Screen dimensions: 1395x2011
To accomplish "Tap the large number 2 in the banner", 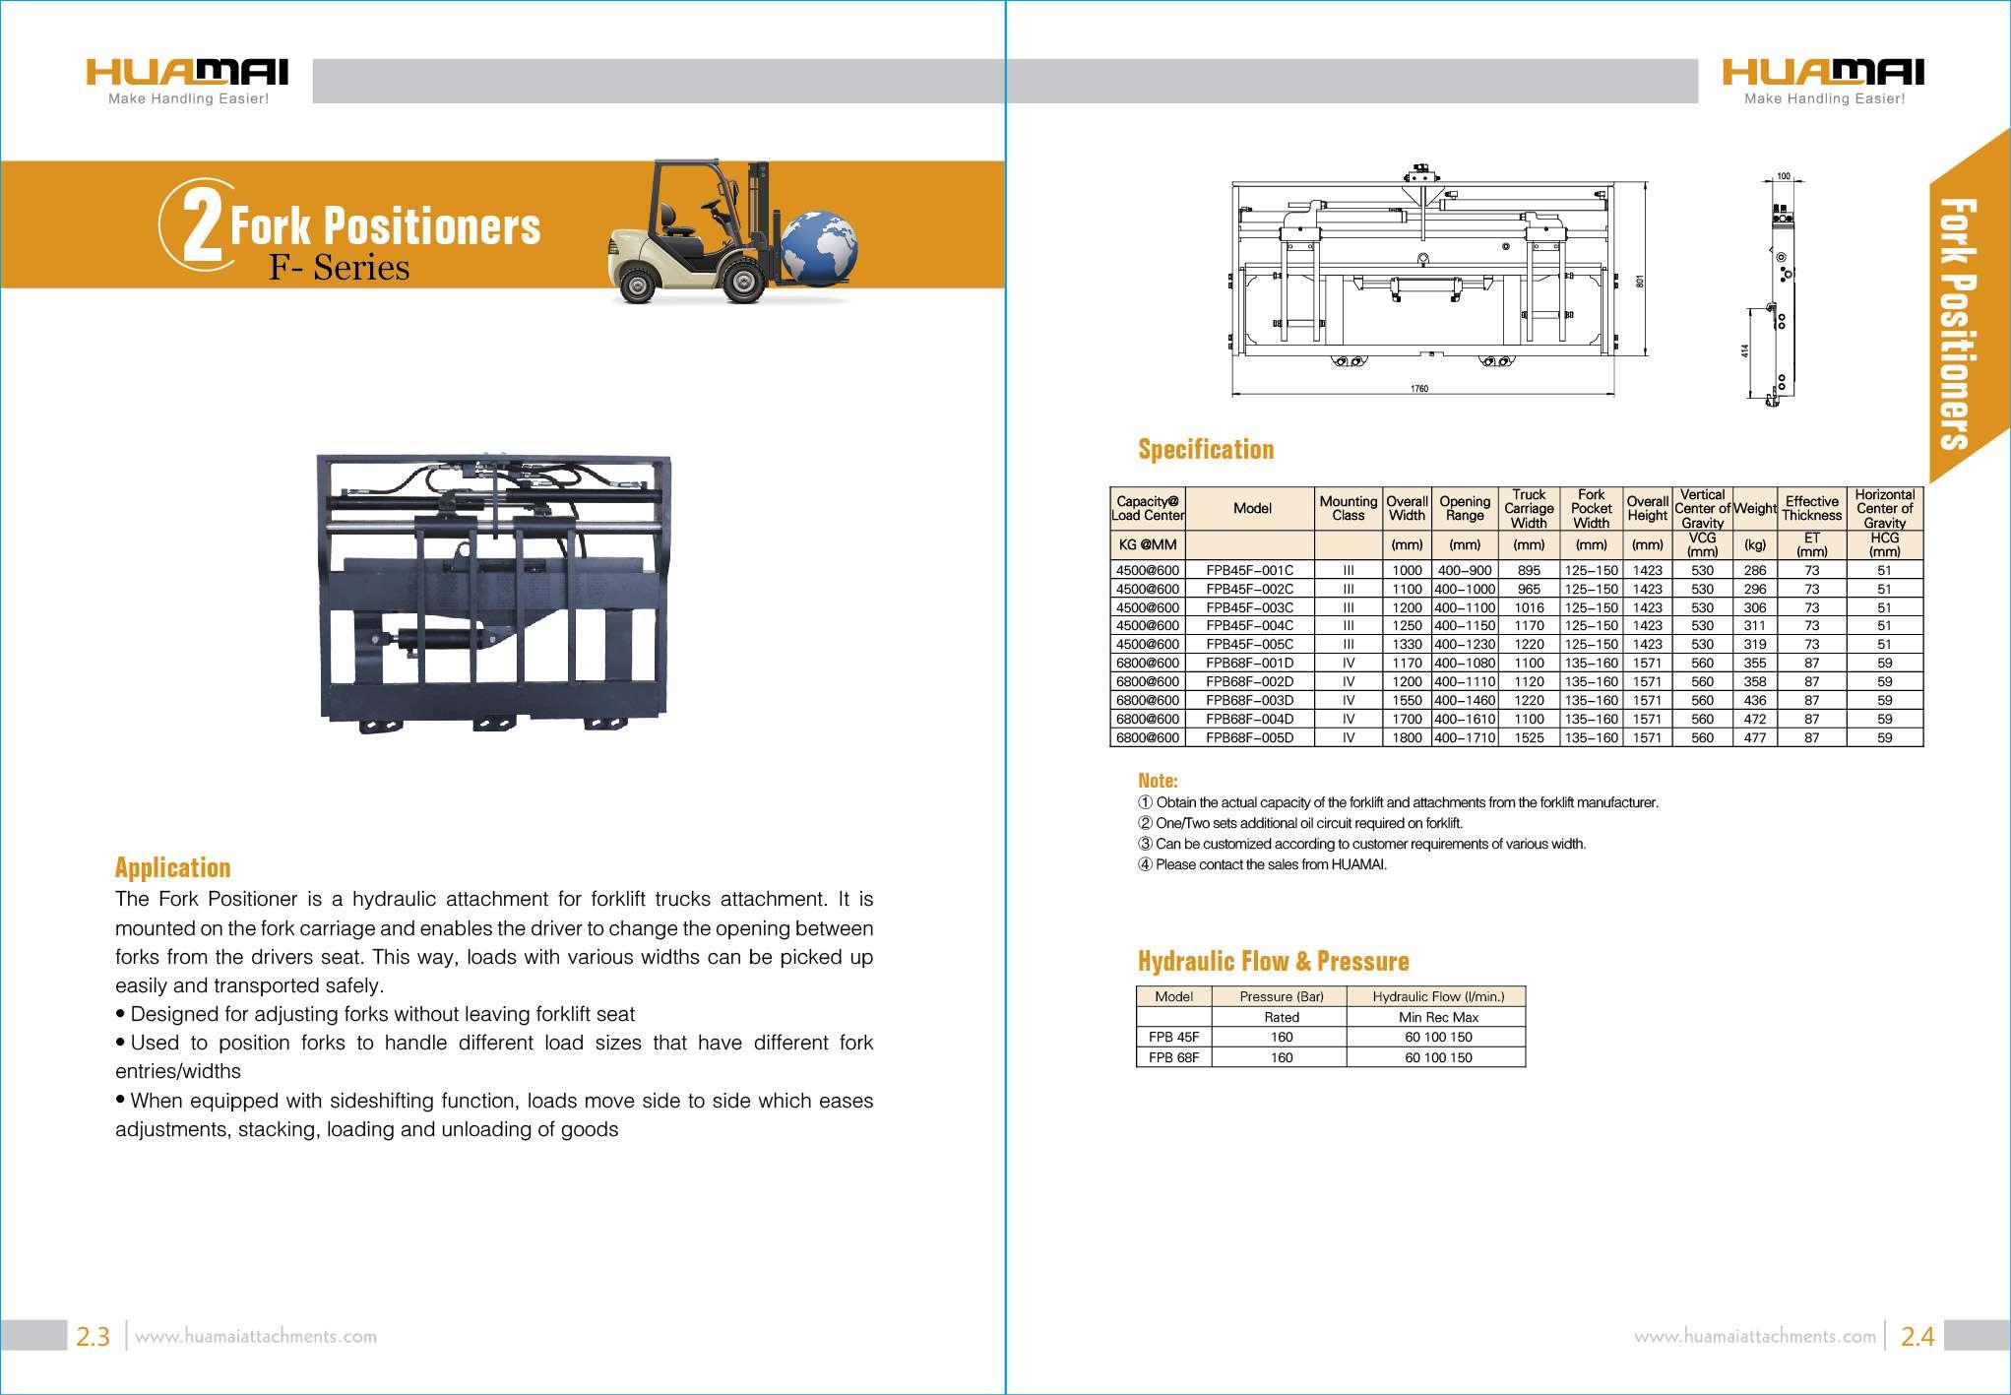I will [x=201, y=226].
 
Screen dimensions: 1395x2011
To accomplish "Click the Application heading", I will [x=172, y=867].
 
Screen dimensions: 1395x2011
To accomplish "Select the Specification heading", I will [x=1206, y=450].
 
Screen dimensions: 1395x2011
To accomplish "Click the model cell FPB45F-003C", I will [x=1250, y=607].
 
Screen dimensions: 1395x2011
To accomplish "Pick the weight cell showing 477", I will [x=1754, y=737].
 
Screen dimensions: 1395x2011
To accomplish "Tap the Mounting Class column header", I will [x=1348, y=508].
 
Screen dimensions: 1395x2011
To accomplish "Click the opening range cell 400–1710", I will [x=1465, y=737].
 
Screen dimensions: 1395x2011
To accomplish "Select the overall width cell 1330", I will [x=1407, y=645].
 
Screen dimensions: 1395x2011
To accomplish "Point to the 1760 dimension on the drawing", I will [x=1418, y=389].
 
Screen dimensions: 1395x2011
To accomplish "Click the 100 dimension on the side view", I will [x=1783, y=177].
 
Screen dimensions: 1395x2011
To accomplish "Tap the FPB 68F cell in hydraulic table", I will [x=1173, y=1057].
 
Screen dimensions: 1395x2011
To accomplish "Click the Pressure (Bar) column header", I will [x=1282, y=996].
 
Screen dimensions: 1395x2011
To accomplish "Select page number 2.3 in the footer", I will [x=94, y=1336].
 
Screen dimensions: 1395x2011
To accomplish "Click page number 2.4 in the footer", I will [x=1917, y=1336].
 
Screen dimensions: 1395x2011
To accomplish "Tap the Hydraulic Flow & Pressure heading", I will [x=1273, y=961].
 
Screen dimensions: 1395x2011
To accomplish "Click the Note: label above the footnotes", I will [x=1158, y=781].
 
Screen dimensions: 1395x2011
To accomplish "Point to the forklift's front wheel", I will [x=742, y=282].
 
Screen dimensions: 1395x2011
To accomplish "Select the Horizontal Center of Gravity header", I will [x=1884, y=508].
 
